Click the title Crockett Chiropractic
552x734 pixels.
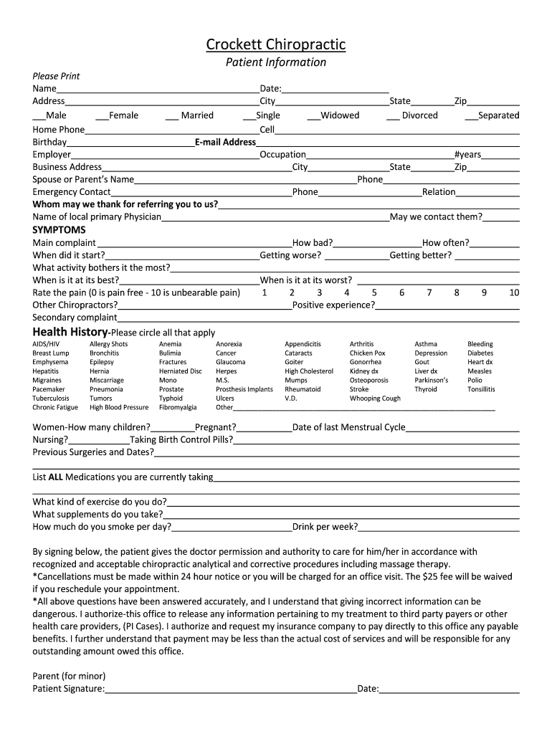click(x=276, y=45)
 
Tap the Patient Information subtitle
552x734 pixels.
click(x=276, y=62)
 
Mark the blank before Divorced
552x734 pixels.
click(x=393, y=116)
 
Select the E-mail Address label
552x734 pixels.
click(x=226, y=142)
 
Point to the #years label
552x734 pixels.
click(x=467, y=155)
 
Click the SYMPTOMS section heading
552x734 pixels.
click(x=59, y=230)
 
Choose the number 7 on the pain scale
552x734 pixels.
click(x=429, y=292)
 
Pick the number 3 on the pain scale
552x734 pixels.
click(x=319, y=292)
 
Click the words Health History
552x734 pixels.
click(x=70, y=332)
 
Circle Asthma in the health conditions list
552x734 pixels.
click(x=425, y=344)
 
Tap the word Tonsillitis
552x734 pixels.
click(x=481, y=389)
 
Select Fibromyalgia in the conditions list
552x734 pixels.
click(x=178, y=407)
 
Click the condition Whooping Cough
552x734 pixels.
click(x=375, y=399)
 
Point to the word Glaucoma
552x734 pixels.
click(x=230, y=362)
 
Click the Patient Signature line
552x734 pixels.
click(x=231, y=690)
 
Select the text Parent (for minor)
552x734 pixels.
click(x=69, y=676)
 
